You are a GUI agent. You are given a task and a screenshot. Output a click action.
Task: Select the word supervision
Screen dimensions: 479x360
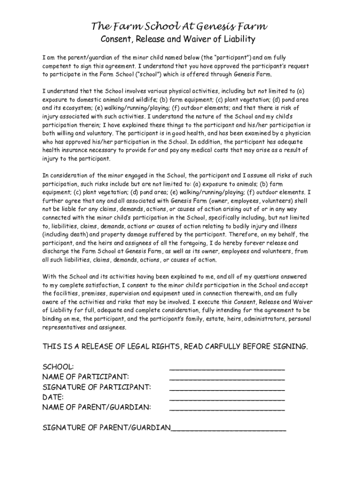coord(130,293)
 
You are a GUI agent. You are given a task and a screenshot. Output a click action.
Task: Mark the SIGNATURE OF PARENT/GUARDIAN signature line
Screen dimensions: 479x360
coord(229,429)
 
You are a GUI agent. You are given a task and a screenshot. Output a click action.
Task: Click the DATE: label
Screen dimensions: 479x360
coord(53,397)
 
